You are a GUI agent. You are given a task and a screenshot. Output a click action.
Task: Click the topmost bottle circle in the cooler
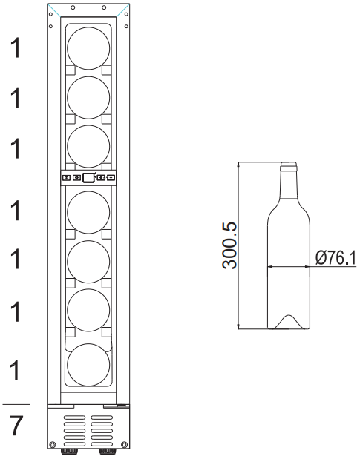click(x=88, y=48)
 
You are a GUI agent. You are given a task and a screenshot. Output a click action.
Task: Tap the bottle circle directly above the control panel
click(x=88, y=147)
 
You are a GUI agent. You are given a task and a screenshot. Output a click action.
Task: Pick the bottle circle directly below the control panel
click(x=88, y=212)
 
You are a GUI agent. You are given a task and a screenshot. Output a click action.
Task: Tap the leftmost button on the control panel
click(x=67, y=178)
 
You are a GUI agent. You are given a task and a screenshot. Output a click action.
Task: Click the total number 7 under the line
click(x=16, y=426)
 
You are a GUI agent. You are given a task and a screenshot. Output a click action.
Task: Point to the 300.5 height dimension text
click(x=229, y=246)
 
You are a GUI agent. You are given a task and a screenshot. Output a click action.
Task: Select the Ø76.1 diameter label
click(x=336, y=259)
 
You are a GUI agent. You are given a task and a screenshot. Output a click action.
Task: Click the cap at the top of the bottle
click(x=289, y=166)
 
